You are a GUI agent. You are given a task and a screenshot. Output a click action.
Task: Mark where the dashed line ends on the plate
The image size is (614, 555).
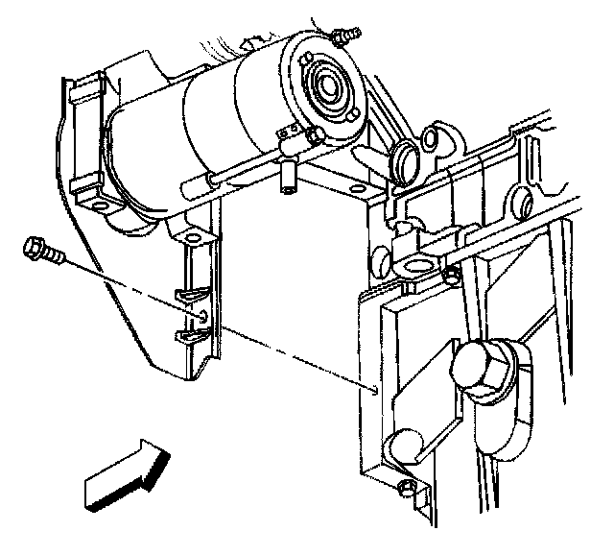click(374, 390)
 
